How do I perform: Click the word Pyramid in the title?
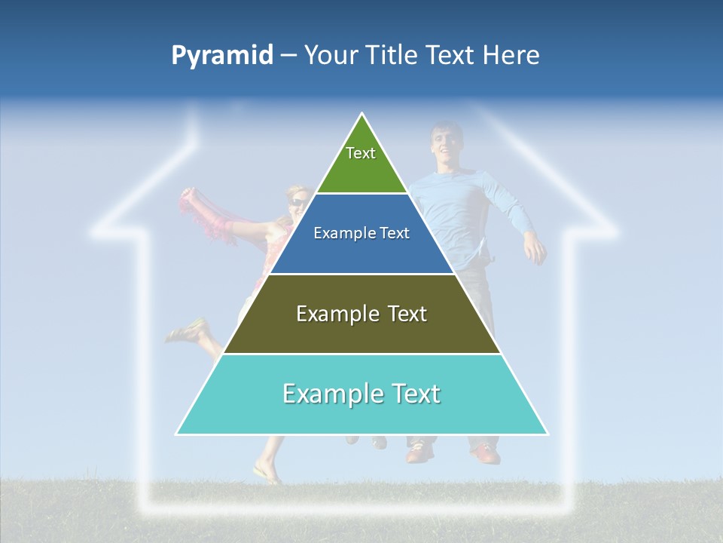tap(222, 56)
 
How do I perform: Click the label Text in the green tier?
tap(361, 153)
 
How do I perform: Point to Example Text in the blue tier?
tap(361, 233)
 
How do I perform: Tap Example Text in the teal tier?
tap(361, 394)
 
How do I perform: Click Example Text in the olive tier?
tap(361, 314)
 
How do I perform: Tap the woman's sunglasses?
tap(297, 202)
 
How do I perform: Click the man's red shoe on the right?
tap(486, 453)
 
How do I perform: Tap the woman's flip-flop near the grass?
tap(267, 475)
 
